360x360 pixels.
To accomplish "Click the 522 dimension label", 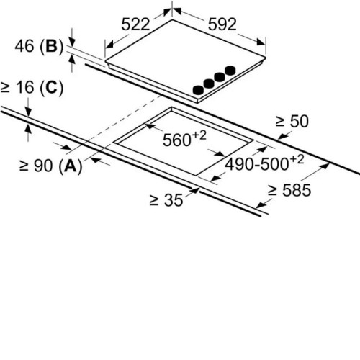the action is (x=135, y=24).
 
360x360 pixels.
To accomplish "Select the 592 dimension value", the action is (x=222, y=24).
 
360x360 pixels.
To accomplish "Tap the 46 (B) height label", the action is (x=39, y=46).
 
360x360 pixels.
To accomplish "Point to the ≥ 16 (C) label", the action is (x=32, y=87).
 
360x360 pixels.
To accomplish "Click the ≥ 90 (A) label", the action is (x=50, y=166).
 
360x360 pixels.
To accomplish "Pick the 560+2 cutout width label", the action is (x=184, y=139).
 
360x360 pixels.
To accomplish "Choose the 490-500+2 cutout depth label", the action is (x=264, y=163).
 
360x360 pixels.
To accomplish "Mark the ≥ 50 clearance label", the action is (x=292, y=121).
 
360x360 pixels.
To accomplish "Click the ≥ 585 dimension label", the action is (x=289, y=190).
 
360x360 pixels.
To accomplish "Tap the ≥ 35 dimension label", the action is (x=166, y=199).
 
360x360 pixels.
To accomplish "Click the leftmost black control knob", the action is (x=198, y=90).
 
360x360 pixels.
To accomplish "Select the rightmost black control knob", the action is (x=230, y=70).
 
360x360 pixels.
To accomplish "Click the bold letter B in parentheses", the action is (x=52, y=46).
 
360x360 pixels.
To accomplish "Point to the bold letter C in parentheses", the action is (x=52, y=87).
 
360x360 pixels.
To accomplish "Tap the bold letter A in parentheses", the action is (x=71, y=166).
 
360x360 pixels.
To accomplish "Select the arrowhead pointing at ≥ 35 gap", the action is (x=195, y=190).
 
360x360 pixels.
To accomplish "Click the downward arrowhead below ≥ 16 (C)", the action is (x=28, y=112).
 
